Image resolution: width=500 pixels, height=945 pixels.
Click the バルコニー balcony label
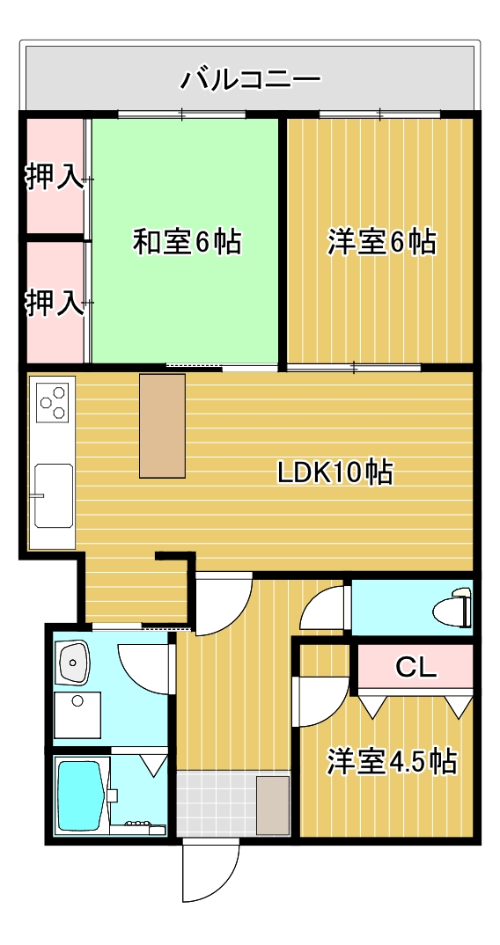pyautogui.click(x=250, y=80)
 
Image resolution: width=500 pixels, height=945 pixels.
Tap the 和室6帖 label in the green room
pyautogui.click(x=187, y=242)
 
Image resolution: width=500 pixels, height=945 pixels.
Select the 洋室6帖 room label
pyautogui.click(x=382, y=242)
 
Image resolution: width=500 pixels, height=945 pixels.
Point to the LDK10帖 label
pyautogui.click(x=335, y=472)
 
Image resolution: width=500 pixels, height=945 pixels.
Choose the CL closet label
pyautogui.click(x=415, y=667)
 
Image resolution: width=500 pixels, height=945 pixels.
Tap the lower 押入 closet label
pyautogui.click(x=55, y=303)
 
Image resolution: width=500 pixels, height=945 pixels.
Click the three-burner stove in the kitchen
pyautogui.click(x=52, y=401)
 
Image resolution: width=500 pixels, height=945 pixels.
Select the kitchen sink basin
pyautogui.click(x=53, y=495)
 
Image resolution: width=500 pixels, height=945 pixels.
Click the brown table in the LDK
pyautogui.click(x=162, y=426)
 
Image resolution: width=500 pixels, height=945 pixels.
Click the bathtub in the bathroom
pyautogui.click(x=79, y=794)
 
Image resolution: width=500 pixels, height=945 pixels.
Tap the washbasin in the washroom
pyautogui.click(x=72, y=662)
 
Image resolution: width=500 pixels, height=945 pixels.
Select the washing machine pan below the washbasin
pyautogui.click(x=77, y=714)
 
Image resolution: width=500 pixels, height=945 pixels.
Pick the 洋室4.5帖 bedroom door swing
pyautogui.click(x=324, y=701)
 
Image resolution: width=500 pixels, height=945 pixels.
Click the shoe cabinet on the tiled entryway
pyautogui.click(x=273, y=805)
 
